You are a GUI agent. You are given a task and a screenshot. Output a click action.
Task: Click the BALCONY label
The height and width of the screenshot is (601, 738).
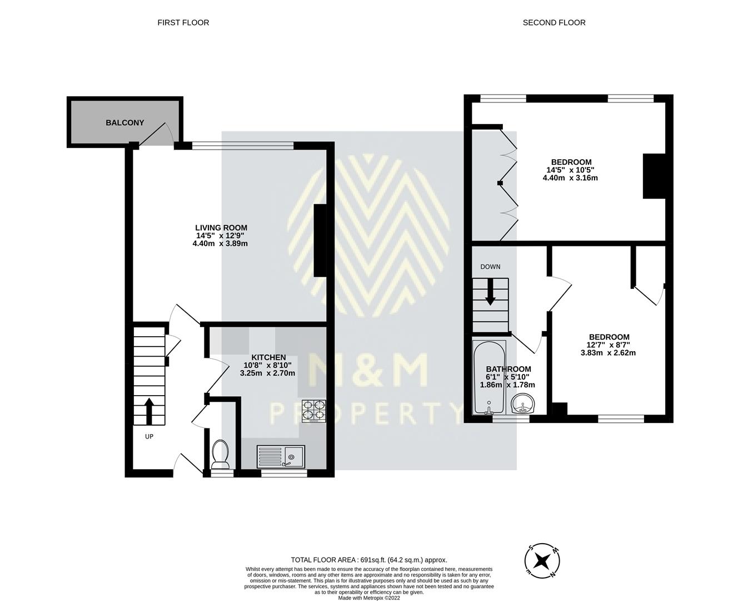coord(124,122)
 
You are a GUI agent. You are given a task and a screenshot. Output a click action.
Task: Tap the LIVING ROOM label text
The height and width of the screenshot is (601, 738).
coord(221,228)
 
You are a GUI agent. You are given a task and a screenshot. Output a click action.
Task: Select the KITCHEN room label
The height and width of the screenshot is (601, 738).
coord(268,357)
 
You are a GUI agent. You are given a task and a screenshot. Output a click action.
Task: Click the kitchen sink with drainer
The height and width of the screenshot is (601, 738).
coord(281,456)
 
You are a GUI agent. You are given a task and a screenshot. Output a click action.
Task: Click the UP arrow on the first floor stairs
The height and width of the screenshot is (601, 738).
coord(149,411)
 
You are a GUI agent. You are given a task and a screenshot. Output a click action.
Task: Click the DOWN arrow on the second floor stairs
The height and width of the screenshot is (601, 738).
coord(490,291)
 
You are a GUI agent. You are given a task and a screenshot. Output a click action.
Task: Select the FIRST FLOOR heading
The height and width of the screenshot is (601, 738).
coord(183,23)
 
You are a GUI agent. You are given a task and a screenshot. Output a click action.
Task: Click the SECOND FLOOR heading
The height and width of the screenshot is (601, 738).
coord(553,23)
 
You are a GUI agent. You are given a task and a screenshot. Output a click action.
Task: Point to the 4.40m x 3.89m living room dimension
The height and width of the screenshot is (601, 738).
coord(220,244)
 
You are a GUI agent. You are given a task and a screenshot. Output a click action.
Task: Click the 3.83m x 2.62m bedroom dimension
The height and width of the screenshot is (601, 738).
coord(608,353)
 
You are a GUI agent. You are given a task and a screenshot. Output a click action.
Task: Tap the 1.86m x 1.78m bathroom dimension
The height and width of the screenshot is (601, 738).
coord(507,385)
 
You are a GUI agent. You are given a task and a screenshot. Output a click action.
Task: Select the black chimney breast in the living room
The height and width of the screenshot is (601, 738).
coord(320,240)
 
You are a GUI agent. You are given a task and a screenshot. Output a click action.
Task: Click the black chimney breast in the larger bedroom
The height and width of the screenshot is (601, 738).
coord(654,176)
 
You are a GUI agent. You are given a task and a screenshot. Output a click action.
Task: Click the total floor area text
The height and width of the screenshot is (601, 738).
coord(369,560)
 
